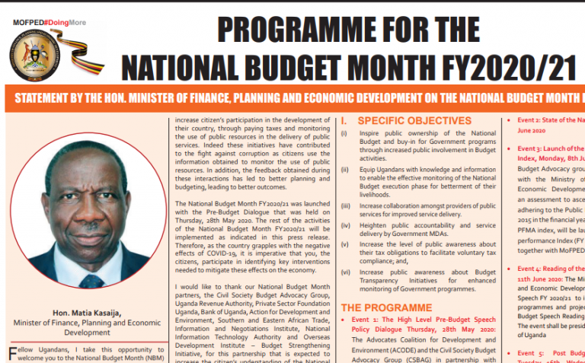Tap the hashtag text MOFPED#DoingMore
click(49, 23)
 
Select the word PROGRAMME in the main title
click(308, 30)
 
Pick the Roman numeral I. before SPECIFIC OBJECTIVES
click(344, 120)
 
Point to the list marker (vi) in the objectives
click(345, 271)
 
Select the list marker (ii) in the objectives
click(345, 170)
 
